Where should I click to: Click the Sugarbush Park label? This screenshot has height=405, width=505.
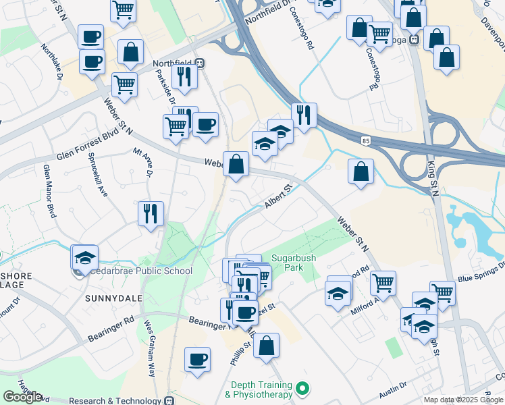294,263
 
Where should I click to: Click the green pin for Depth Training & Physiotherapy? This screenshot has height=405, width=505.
303,389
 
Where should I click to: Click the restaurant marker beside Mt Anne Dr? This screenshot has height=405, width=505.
151,214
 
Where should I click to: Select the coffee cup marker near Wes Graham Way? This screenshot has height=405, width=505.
197,358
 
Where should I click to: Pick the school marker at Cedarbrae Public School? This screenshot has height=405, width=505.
85,257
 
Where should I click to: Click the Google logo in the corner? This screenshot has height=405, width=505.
23,396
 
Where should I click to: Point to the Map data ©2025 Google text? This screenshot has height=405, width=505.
463,400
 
